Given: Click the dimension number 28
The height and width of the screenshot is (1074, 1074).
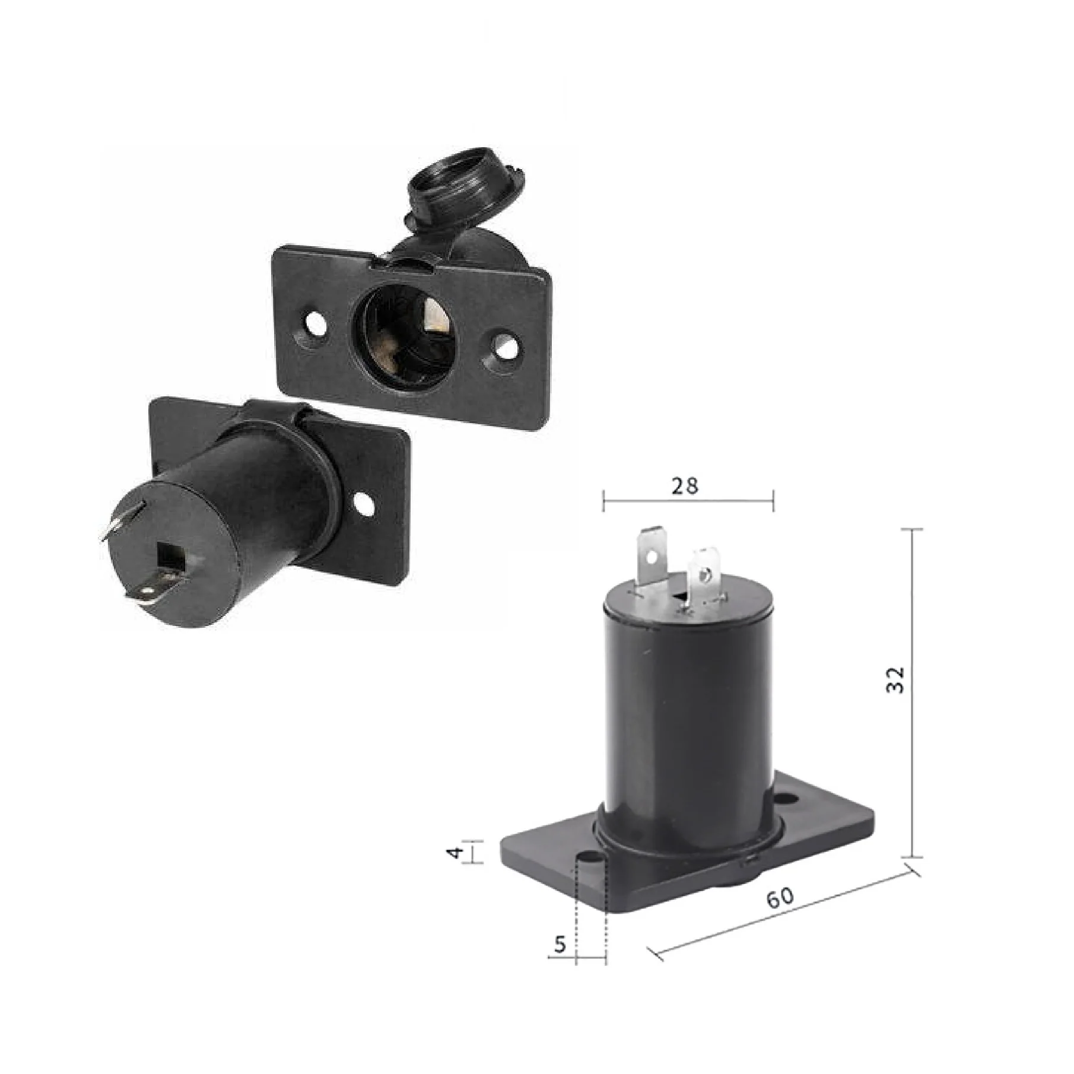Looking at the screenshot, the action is coord(685,486).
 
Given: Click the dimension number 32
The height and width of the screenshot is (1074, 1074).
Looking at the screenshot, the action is coord(897,679).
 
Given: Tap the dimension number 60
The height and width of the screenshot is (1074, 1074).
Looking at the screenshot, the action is coord(780,898).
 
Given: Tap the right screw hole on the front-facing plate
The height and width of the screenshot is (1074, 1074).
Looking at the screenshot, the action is coord(505,347).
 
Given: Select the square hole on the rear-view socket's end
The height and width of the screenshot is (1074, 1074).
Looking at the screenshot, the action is coord(171,552).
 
